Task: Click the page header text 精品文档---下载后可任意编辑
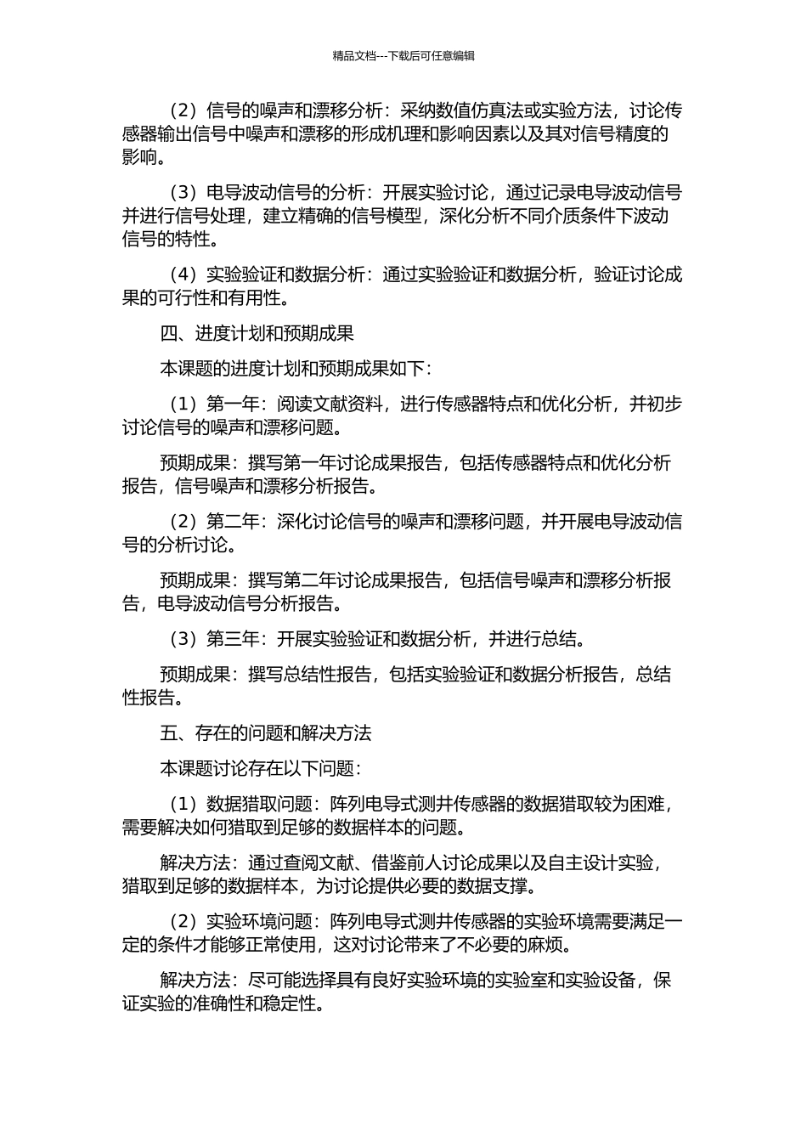click(x=403, y=56)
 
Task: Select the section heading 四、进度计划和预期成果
click(x=257, y=333)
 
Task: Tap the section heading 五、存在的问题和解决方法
click(x=266, y=732)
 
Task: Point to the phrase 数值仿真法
click(x=481, y=110)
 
